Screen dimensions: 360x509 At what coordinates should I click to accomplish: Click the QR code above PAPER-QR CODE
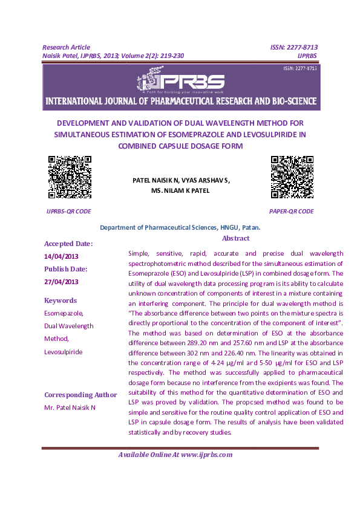click(291, 177)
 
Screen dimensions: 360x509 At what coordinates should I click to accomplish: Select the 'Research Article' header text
click(66, 47)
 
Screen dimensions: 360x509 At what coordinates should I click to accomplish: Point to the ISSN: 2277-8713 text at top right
click(294, 47)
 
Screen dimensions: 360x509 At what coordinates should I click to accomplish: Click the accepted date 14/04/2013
click(60, 256)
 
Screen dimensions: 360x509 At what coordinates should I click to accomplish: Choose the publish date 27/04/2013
click(60, 282)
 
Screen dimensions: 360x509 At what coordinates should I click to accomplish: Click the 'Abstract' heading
click(236, 239)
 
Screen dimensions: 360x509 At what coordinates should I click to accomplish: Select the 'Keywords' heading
click(61, 300)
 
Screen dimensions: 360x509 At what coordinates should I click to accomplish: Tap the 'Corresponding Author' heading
click(80, 395)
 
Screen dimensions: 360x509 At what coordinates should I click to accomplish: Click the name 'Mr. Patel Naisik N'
click(70, 408)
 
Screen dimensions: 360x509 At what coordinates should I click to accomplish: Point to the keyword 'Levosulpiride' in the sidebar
click(64, 352)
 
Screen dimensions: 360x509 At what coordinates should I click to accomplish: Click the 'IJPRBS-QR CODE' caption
click(69, 212)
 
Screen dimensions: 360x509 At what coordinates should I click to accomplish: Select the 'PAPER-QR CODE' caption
click(291, 212)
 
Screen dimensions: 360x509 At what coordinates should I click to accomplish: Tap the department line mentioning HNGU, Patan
click(180, 227)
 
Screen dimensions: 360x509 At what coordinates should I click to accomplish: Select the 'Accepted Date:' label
click(68, 244)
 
